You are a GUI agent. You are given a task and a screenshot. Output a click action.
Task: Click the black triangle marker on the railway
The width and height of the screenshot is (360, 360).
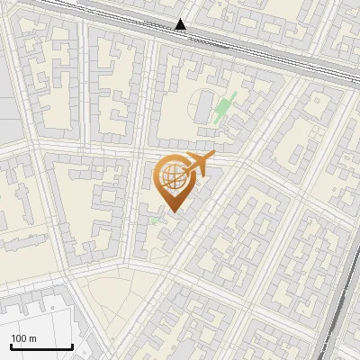(x=181, y=25)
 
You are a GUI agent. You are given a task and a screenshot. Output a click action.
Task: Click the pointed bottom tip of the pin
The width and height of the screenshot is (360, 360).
(x=172, y=212)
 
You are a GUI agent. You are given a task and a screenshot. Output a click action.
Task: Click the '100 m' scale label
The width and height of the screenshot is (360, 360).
(x=23, y=338)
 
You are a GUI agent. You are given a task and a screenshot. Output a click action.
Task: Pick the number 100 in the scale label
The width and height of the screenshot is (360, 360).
(x=19, y=338)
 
